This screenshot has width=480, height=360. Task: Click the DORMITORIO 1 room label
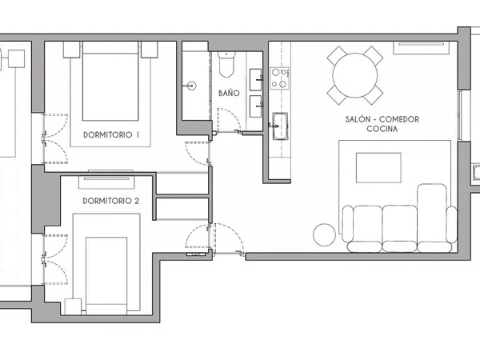click(111, 134)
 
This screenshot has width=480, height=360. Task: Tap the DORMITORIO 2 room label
click(111, 201)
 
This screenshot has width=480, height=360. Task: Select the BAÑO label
click(229, 93)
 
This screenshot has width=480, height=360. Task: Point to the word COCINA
click(382, 129)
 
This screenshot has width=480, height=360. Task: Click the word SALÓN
click(356, 119)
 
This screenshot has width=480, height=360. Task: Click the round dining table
click(355, 75)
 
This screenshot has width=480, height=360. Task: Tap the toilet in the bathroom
click(226, 64)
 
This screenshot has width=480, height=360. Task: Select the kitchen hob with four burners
click(279, 78)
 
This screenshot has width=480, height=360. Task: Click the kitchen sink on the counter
click(280, 126)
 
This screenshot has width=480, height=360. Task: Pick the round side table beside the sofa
click(325, 234)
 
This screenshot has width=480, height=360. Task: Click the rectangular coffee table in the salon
click(378, 168)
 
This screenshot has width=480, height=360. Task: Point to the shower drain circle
click(192, 86)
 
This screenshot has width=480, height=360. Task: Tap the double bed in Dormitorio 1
click(110, 81)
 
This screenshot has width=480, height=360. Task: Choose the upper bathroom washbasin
click(256, 79)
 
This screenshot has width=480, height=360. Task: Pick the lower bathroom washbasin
click(256, 106)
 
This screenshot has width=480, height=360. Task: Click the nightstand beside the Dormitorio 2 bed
click(73, 306)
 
